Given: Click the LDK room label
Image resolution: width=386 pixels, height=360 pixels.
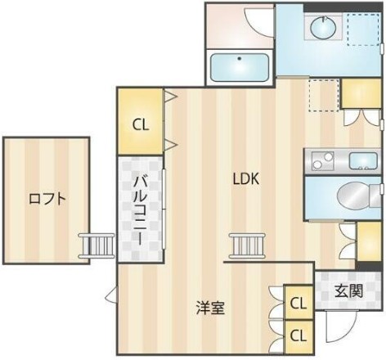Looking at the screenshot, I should [245, 179].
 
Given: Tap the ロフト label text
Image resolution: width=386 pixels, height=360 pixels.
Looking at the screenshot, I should [47, 198].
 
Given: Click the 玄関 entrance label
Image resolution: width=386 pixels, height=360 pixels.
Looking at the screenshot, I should [349, 290].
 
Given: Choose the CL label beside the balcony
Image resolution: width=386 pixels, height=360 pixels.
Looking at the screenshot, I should [141, 125].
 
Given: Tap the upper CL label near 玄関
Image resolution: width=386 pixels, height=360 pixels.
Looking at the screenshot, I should [298, 304].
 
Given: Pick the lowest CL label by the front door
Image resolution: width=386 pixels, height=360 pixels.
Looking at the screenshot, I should [298, 335].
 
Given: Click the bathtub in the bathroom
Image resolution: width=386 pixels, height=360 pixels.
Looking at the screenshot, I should [241, 66].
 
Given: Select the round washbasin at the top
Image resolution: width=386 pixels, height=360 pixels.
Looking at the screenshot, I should [321, 29].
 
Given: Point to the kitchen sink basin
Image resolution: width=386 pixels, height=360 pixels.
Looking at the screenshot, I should [360, 161].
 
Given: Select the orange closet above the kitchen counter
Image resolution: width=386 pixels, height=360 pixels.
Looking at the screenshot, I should [358, 96].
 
